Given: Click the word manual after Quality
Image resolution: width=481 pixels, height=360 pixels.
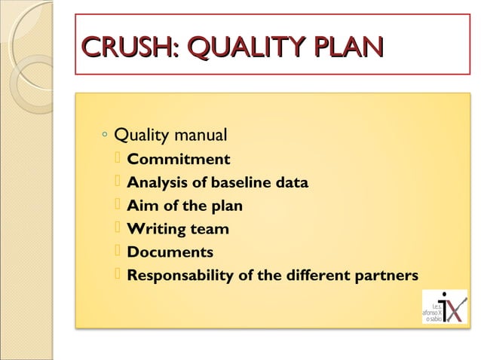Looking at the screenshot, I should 200,136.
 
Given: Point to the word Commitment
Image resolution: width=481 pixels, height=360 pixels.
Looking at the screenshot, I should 179,160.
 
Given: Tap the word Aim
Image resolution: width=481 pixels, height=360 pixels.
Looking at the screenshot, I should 140,206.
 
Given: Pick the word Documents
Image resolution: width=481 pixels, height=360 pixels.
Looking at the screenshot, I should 170,252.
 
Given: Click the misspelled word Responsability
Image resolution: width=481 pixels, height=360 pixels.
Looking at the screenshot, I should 180,276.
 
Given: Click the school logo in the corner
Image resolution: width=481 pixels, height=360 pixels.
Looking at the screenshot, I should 445,306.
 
